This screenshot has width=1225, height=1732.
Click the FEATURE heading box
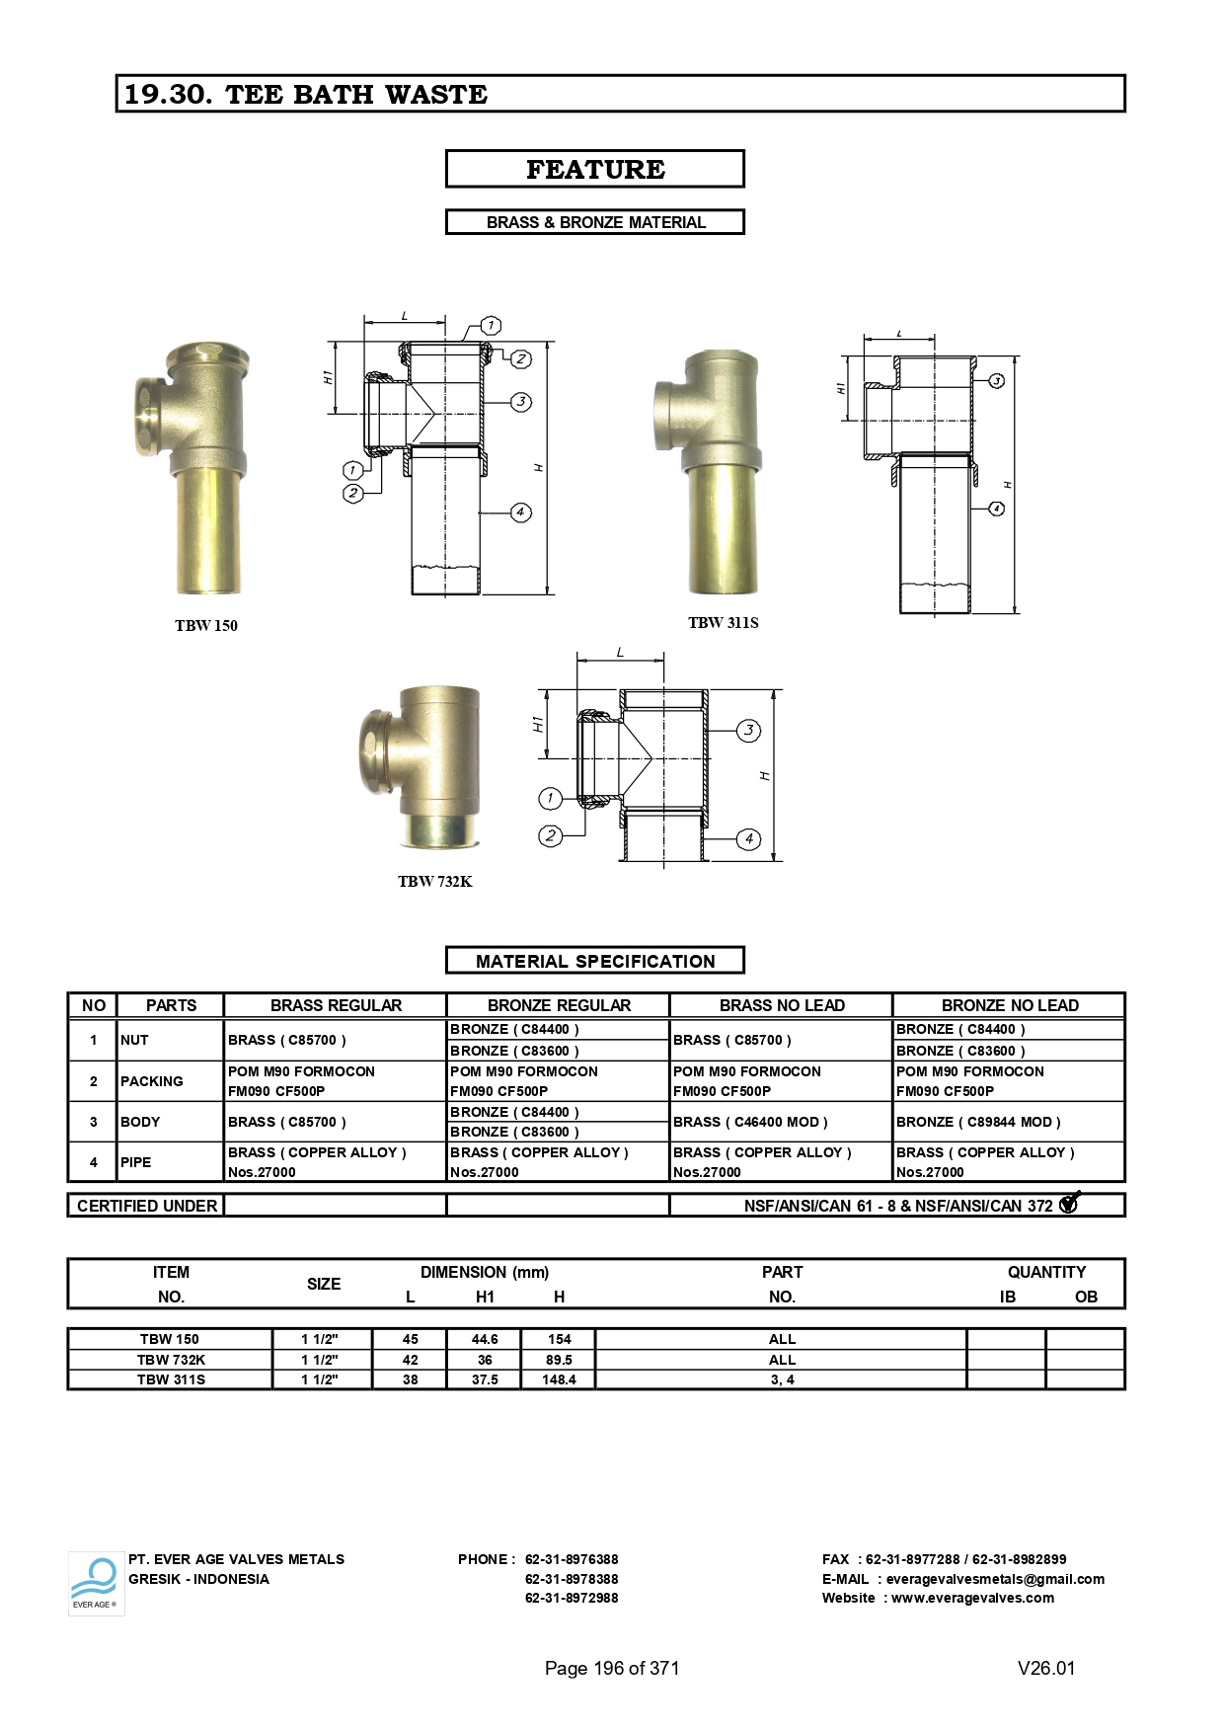click(x=594, y=169)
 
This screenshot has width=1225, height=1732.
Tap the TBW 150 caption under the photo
click(x=206, y=625)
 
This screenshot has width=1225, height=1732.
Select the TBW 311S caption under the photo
click(x=724, y=622)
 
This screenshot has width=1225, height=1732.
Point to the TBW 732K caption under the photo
click(x=435, y=881)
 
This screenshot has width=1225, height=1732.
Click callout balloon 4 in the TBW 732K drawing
click(x=749, y=838)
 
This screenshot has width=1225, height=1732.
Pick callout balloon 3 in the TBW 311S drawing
click(x=997, y=380)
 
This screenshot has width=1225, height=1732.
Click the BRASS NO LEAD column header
click(x=782, y=1005)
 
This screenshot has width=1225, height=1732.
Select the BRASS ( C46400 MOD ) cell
click(x=750, y=1122)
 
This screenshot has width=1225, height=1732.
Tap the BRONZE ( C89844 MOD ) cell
click(x=978, y=1122)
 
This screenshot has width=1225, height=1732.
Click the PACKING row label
click(x=152, y=1081)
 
